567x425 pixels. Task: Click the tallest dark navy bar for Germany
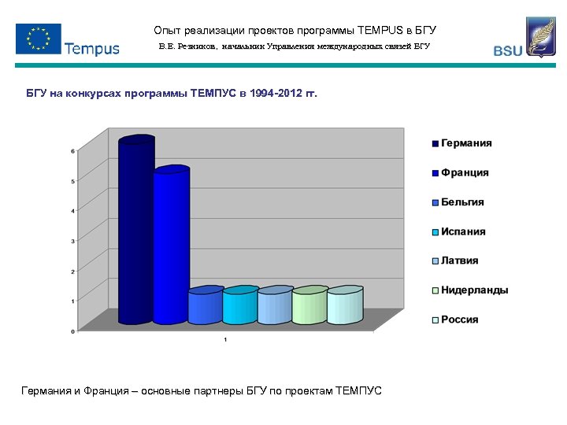pyautogui.click(x=136, y=232)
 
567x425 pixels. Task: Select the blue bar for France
pyautogui.click(x=171, y=248)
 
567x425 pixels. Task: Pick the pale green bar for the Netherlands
pyautogui.click(x=309, y=307)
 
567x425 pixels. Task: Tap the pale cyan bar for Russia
pyautogui.click(x=344, y=307)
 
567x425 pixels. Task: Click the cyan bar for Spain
pyautogui.click(x=240, y=307)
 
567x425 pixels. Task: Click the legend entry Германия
pyautogui.click(x=465, y=143)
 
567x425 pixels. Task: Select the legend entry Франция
pyautogui.click(x=464, y=172)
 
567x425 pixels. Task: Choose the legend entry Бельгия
pyautogui.click(x=461, y=202)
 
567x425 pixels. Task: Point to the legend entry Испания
pyautogui.click(x=462, y=231)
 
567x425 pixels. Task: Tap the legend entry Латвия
pyautogui.click(x=459, y=261)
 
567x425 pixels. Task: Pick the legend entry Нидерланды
pyautogui.click(x=473, y=290)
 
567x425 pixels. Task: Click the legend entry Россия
pyautogui.click(x=458, y=320)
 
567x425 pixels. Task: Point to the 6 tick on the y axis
pyautogui.click(x=73, y=151)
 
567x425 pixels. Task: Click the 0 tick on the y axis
pyautogui.click(x=73, y=331)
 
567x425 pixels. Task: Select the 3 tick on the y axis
pyautogui.click(x=73, y=242)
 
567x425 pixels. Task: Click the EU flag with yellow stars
pyautogui.click(x=38, y=39)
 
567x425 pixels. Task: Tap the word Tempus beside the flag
pyautogui.click(x=92, y=49)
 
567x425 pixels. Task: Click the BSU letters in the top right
pyautogui.click(x=507, y=51)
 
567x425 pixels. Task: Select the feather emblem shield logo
pyautogui.click(x=540, y=37)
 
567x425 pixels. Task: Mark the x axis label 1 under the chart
pyautogui.click(x=225, y=339)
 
